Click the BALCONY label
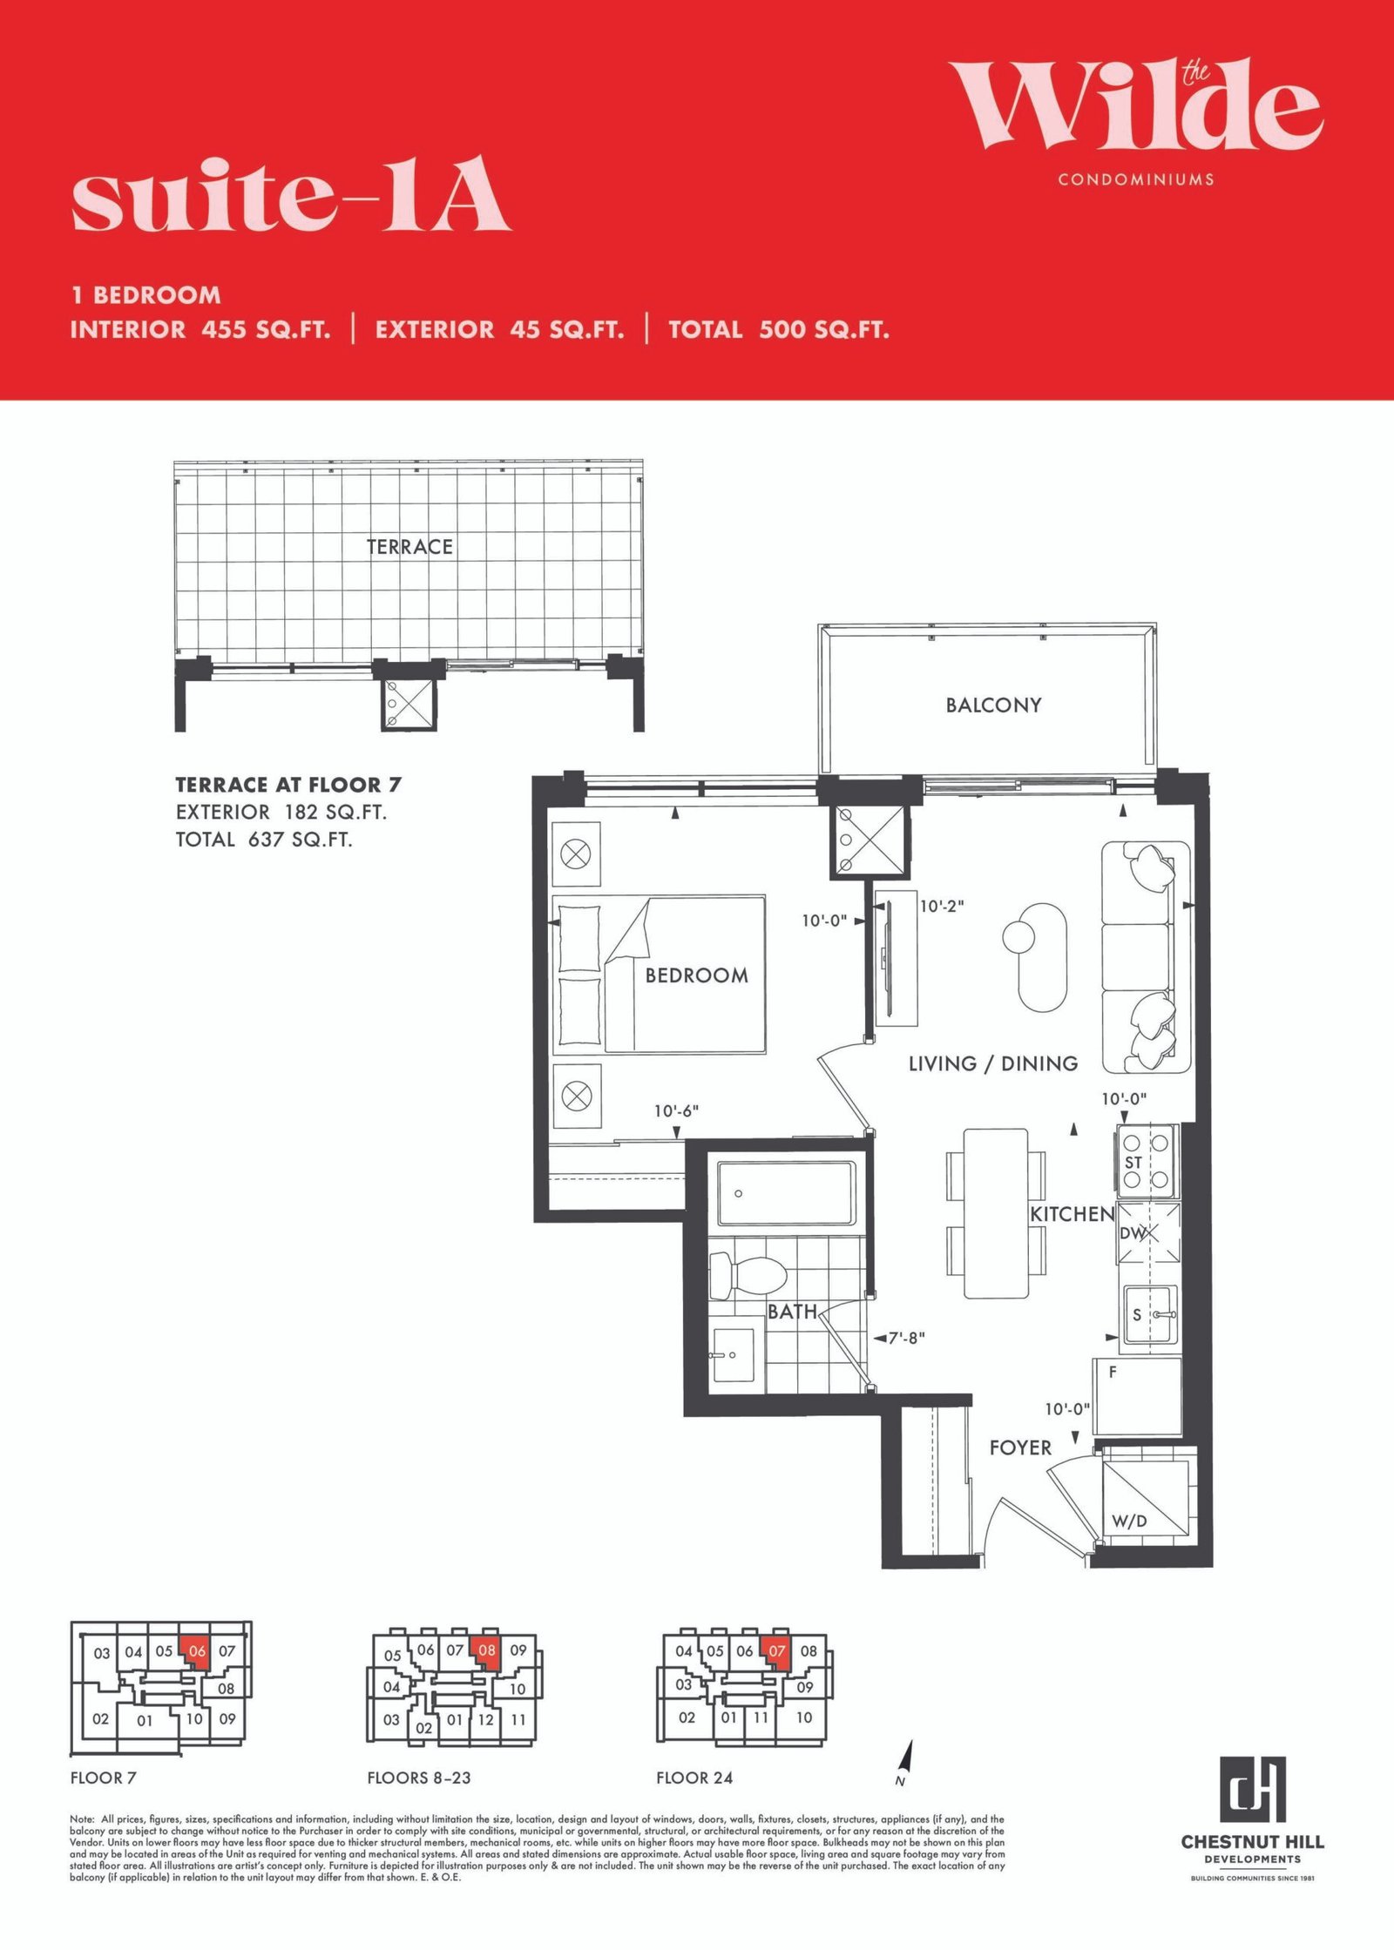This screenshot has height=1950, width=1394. tap(993, 705)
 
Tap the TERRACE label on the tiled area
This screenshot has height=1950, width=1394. tap(409, 547)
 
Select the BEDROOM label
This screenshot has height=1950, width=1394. tap(696, 975)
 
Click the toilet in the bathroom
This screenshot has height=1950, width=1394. tap(748, 1276)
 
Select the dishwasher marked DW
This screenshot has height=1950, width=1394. tap(1148, 1233)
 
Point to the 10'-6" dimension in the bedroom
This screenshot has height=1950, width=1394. tap(676, 1111)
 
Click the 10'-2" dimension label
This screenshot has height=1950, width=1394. tap(942, 906)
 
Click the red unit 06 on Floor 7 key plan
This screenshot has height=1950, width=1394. tap(196, 1651)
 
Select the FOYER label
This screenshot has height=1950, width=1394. tap(1020, 1447)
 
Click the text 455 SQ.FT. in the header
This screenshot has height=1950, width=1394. tap(267, 330)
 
